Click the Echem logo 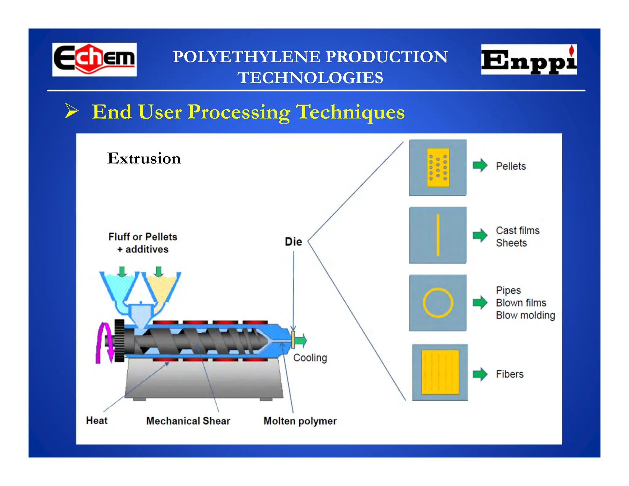(x=94, y=59)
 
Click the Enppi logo (x=529, y=60)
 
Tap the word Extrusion (x=144, y=159)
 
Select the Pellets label (x=511, y=166)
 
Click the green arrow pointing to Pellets (x=480, y=165)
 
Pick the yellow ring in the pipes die (x=438, y=303)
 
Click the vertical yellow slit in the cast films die (x=438, y=235)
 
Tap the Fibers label (x=510, y=374)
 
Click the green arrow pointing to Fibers (x=480, y=374)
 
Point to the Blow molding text (x=525, y=316)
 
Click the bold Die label (x=293, y=242)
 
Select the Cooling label (x=310, y=358)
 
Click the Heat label (x=97, y=421)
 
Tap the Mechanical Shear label (x=188, y=421)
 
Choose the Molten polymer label (x=300, y=421)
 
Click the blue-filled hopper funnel (x=118, y=286)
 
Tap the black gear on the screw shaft (x=119, y=340)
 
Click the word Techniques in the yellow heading (x=350, y=112)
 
